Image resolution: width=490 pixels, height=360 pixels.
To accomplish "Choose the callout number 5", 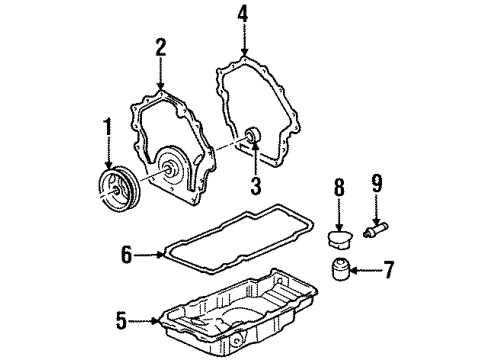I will click(x=120, y=320).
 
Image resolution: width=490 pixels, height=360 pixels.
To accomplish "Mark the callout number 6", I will click(x=127, y=256).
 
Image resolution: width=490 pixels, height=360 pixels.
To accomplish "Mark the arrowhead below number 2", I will click(x=160, y=87).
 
